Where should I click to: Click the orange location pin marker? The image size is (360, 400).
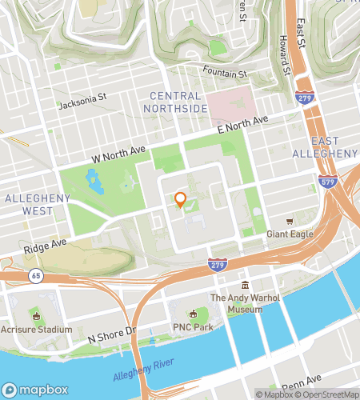(181, 200)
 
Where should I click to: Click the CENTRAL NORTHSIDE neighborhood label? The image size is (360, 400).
(176, 102)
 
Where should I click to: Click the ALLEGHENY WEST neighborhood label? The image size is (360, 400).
(30, 205)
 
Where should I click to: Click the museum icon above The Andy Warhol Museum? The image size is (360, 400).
(246, 286)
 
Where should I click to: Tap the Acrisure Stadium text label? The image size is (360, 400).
(36, 329)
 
